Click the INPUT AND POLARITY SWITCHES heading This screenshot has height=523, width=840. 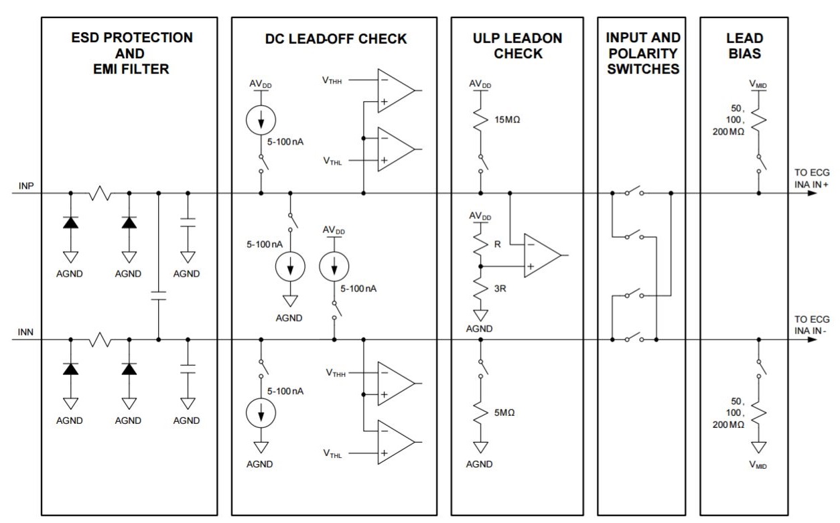click(642, 52)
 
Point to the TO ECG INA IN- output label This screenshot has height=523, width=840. click(811, 324)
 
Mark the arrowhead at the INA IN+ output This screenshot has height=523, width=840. click(812, 194)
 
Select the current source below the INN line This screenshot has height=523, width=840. click(261, 413)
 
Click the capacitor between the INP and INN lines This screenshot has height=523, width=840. click(158, 297)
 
